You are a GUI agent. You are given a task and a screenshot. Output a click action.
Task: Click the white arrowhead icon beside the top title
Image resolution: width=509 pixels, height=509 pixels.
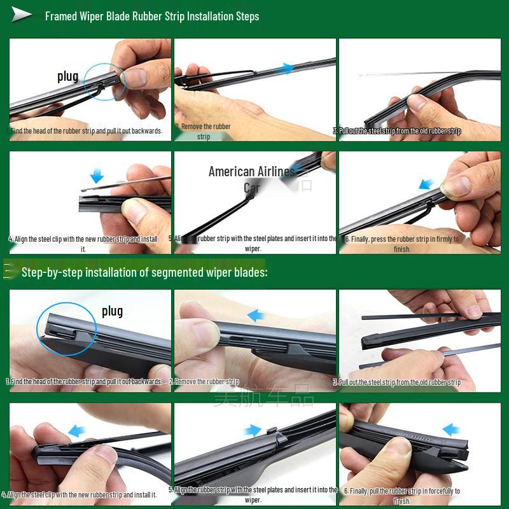coord(22,15)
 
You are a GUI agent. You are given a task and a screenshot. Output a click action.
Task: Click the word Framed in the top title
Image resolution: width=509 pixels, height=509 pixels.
coord(61,16)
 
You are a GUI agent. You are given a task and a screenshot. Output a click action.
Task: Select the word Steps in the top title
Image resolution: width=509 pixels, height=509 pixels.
coord(244,16)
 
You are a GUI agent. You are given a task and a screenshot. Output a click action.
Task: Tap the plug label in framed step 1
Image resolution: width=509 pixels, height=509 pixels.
coord(68,77)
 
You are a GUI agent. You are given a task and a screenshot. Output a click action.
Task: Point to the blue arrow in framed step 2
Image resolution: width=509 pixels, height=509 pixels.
coord(288,68)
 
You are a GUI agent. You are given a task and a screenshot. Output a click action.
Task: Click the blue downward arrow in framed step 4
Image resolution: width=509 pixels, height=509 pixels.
coord(96,175)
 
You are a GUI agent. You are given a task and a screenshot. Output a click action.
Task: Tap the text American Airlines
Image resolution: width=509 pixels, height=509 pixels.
coord(251,172)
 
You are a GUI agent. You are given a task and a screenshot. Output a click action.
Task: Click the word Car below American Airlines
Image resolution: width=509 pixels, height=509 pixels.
coord(252,188)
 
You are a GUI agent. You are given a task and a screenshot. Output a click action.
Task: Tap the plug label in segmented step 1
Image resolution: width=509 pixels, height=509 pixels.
coord(112,311)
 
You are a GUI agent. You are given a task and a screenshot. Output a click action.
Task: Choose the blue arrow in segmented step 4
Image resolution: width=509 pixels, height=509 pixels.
coord(77,429)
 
